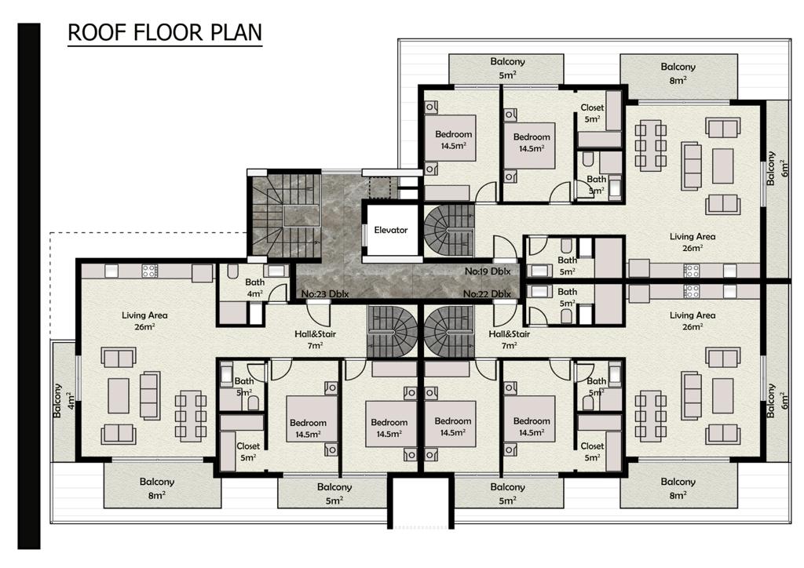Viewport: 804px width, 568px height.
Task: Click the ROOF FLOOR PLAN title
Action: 165,32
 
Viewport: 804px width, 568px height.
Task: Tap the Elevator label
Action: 391,230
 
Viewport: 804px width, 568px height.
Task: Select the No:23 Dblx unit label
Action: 324,294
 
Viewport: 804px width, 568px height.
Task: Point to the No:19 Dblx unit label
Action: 488,271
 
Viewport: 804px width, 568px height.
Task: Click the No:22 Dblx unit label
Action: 487,294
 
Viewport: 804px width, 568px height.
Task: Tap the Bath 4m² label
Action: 255,287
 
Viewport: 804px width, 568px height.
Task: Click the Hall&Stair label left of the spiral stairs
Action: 315,340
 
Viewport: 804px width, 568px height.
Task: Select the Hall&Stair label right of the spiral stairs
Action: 509,340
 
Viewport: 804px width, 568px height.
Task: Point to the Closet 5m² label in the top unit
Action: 592,113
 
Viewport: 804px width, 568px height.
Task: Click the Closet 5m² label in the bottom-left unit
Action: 248,452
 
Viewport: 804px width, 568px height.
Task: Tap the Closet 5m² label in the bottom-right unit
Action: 592,452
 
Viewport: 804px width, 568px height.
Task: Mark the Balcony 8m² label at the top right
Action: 678,73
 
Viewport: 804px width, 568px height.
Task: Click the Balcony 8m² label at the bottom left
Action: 157,488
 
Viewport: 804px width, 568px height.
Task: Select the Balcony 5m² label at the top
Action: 508,67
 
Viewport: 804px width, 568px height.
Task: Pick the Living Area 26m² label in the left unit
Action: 144,321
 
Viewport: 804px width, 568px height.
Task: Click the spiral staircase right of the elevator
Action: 448,231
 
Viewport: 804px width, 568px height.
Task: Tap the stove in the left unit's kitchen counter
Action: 150,271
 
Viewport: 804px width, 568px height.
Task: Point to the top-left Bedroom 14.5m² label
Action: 453,140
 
